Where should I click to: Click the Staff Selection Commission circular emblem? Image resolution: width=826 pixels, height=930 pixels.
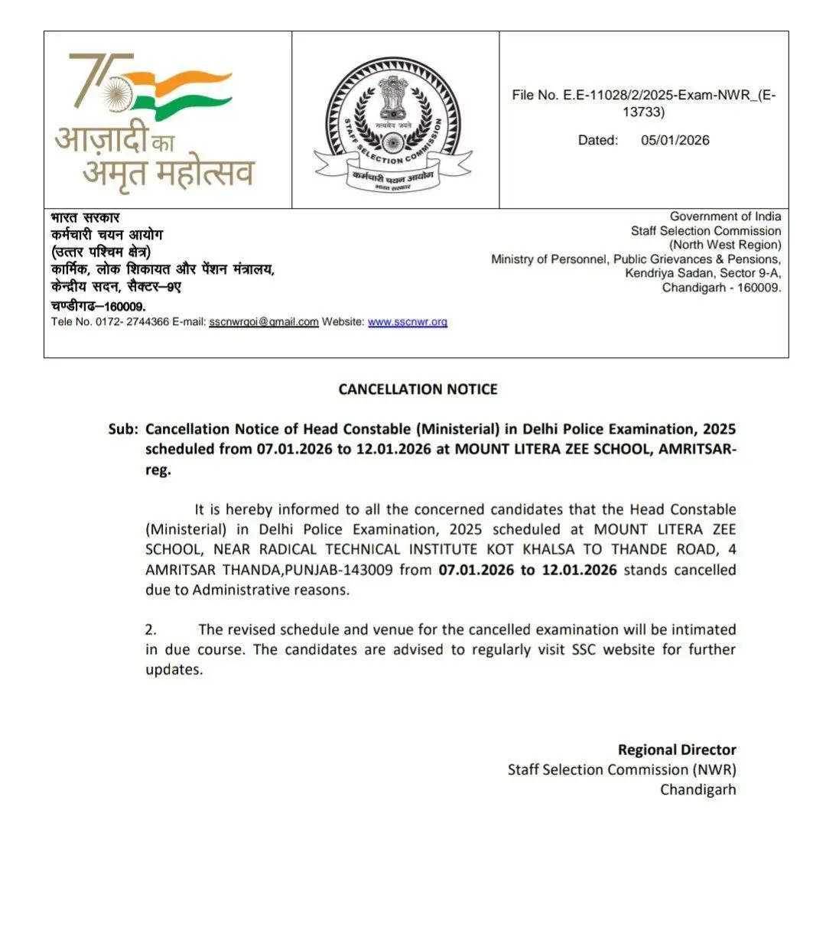(394, 122)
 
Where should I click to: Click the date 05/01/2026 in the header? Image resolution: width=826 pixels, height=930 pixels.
(675, 140)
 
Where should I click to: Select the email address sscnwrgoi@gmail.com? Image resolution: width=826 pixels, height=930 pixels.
(263, 322)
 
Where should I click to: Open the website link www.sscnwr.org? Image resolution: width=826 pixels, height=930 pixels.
(407, 322)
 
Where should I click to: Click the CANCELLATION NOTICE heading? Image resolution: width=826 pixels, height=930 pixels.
(418, 389)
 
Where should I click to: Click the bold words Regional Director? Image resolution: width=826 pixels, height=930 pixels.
(677, 750)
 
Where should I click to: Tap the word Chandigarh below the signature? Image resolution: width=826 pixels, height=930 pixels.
(698, 789)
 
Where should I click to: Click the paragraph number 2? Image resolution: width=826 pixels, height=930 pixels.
(151, 629)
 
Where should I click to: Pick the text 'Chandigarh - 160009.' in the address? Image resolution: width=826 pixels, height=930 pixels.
(721, 288)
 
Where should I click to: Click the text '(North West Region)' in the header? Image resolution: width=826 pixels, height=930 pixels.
(725, 245)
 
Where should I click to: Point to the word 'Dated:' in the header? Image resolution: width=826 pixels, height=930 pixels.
(598, 140)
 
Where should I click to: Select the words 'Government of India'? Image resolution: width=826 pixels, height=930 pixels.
(725, 216)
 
